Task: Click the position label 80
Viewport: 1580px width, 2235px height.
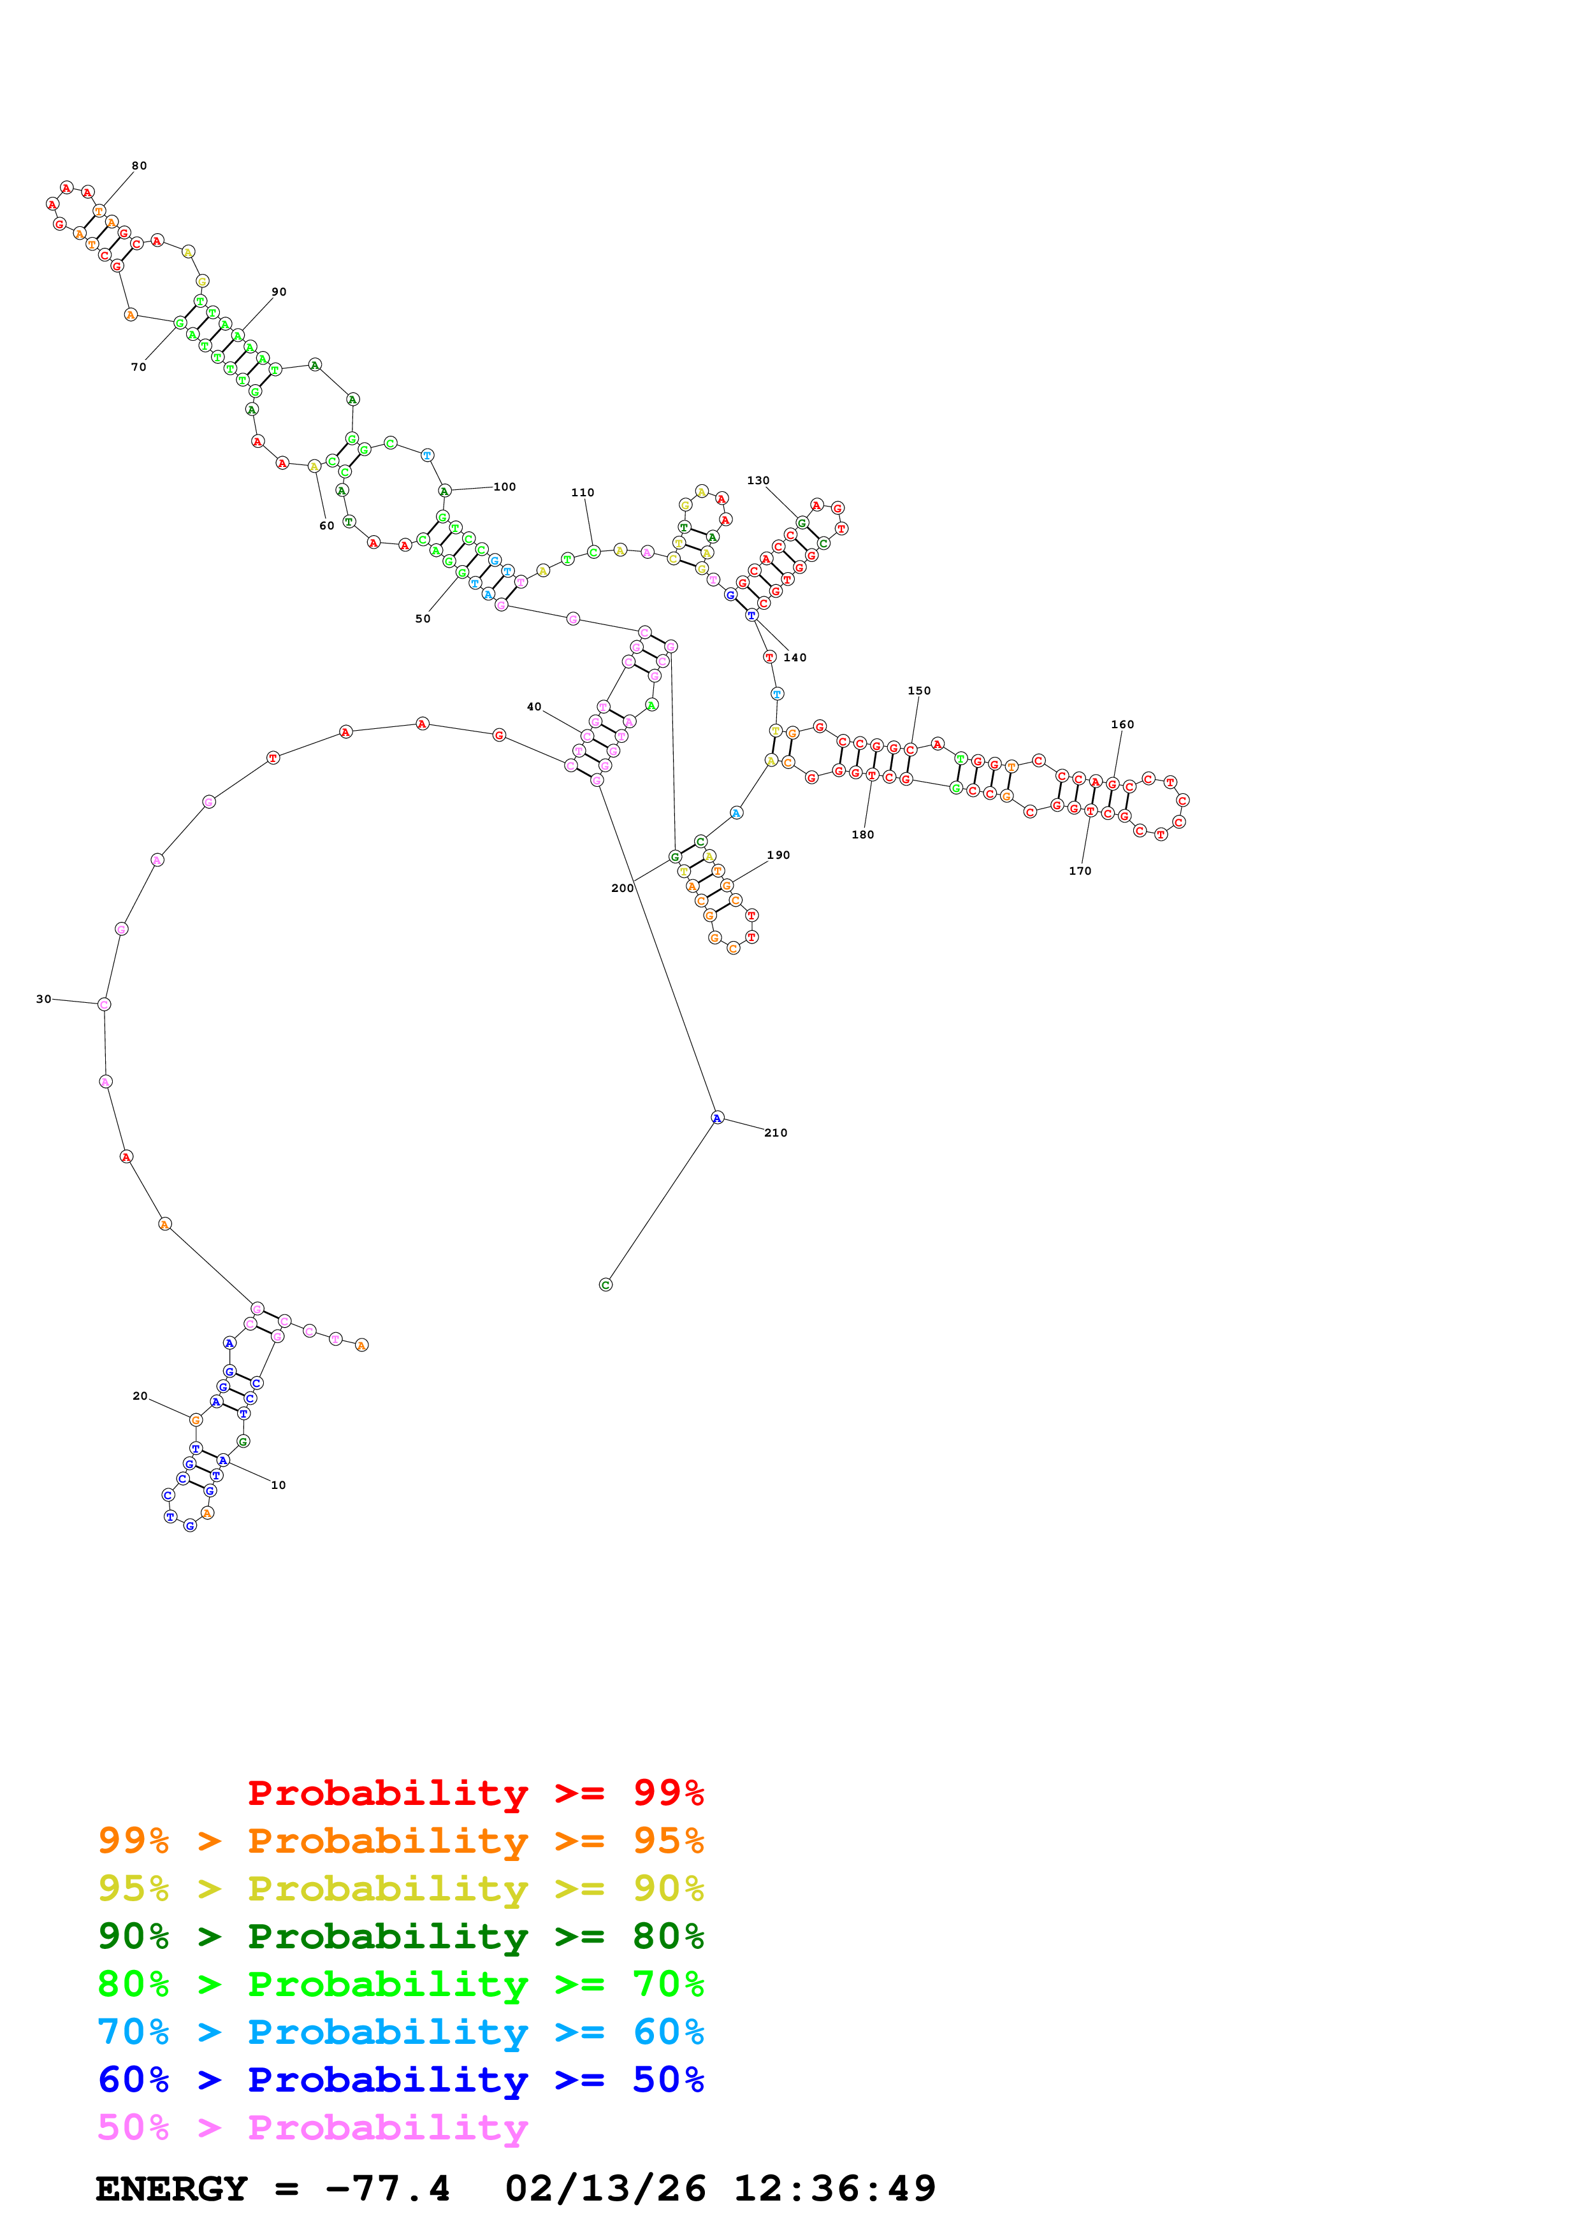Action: point(139,166)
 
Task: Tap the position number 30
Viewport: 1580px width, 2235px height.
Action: point(44,999)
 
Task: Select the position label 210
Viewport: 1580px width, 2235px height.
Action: point(776,1132)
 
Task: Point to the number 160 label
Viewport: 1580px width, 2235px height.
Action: point(1122,724)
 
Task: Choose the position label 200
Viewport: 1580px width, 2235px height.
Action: point(622,888)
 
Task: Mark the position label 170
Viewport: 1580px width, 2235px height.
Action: point(1080,870)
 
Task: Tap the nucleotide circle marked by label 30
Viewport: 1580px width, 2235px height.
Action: point(104,1003)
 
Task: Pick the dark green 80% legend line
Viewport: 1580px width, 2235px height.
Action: point(400,1936)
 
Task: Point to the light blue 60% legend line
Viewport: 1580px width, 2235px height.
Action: point(400,2032)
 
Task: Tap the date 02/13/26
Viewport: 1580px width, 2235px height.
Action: point(605,2188)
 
